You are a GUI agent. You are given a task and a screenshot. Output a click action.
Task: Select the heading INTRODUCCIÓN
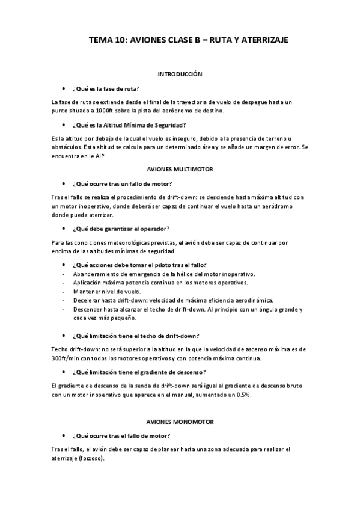pyautogui.click(x=180, y=74)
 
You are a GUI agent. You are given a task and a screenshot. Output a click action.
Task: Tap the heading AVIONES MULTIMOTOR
pyautogui.click(x=180, y=170)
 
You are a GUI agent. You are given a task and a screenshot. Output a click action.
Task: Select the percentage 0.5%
pyautogui.click(x=242, y=395)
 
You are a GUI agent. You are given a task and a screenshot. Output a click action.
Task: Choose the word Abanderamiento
pyautogui.click(x=97, y=274)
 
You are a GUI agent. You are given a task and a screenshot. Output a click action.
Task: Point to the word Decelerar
pyautogui.click(x=87, y=300)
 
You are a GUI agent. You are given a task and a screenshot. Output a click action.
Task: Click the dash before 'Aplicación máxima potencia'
pyautogui.click(x=64, y=283)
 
